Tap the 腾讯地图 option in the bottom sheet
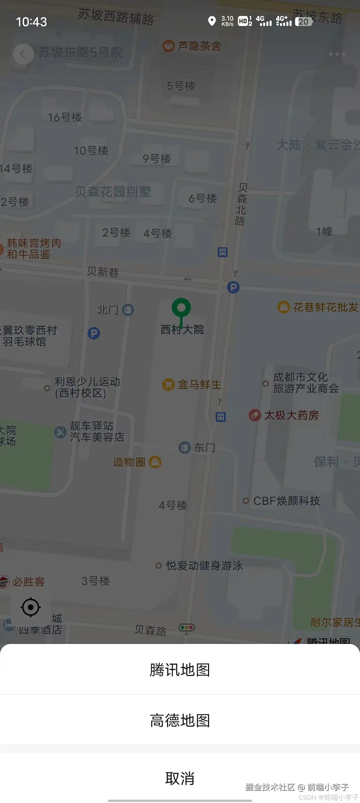tap(180, 670)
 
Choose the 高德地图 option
tap(180, 721)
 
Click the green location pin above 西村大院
tap(181, 307)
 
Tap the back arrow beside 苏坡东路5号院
tap(23, 54)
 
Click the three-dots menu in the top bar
tap(337, 54)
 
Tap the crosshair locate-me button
tap(31, 607)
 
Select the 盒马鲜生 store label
tap(199, 384)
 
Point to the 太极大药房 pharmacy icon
tap(255, 415)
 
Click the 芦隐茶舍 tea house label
tap(199, 46)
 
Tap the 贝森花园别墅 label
tap(113, 192)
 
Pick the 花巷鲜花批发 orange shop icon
tap(283, 307)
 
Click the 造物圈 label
tap(129, 462)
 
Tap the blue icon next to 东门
tap(184, 448)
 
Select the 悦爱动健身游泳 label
tap(204, 566)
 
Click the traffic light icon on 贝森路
tap(187, 628)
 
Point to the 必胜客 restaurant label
tap(28, 582)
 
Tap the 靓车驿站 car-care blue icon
tap(60, 432)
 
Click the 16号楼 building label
tap(65, 117)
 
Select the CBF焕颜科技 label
tap(286, 501)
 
